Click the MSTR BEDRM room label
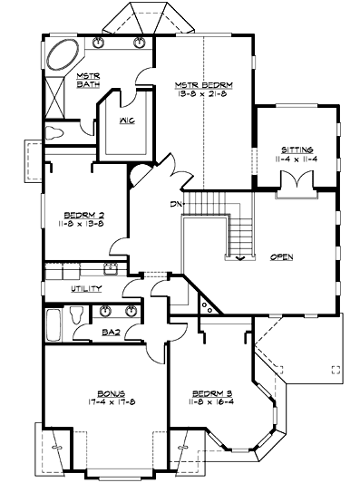click(204, 84)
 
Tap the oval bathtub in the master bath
click(63, 55)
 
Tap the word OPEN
click(282, 257)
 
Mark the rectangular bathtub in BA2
click(54, 322)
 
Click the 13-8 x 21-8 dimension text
click(204, 94)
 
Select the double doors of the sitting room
click(296, 185)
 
